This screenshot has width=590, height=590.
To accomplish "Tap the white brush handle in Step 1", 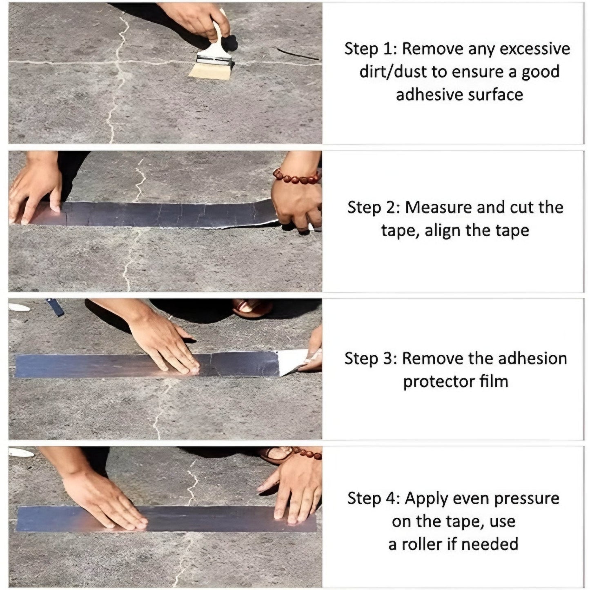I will click(x=217, y=41).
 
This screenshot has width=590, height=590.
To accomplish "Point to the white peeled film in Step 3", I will click(x=292, y=362).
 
